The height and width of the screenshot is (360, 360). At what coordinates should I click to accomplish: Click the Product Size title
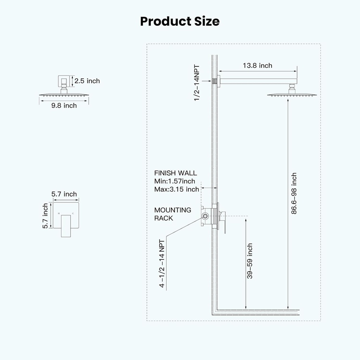[x=180, y=21]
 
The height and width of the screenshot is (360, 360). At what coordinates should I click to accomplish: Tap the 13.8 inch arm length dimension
[x=257, y=65]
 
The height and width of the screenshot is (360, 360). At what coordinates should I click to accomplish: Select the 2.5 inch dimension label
[x=87, y=81]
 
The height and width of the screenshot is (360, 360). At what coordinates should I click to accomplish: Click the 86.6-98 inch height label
[x=294, y=193]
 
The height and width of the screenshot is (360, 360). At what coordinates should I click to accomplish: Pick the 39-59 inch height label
[x=250, y=261]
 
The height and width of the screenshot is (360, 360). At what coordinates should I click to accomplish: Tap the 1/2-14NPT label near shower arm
[x=197, y=83]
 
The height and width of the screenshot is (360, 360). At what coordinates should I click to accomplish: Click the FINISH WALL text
[x=175, y=173]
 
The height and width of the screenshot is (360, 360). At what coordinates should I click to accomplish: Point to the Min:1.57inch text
[x=174, y=181]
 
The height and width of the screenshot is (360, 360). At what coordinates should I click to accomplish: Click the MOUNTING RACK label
[x=173, y=214]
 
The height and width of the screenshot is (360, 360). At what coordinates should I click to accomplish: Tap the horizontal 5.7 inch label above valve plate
[x=64, y=194]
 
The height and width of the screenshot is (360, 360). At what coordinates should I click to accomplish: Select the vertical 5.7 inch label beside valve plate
[x=45, y=216]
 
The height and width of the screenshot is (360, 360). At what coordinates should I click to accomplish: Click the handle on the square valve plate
[x=66, y=226]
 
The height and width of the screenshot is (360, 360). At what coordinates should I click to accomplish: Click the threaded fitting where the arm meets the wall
[x=215, y=81]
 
